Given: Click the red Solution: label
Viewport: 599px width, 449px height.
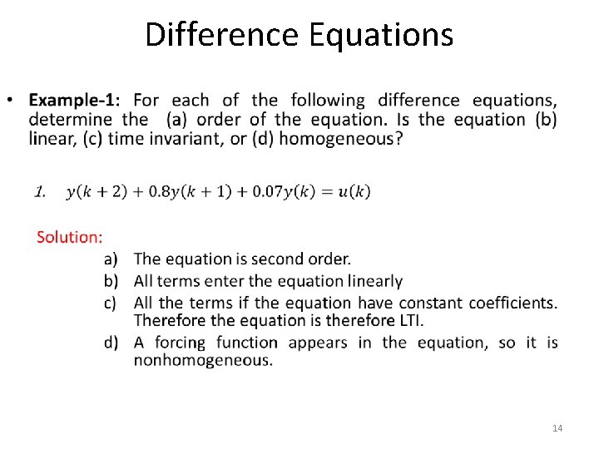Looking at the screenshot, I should click(70, 237).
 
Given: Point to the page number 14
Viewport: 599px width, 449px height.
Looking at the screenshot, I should click(557, 428).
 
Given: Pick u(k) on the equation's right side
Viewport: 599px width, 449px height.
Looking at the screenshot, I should click(355, 192).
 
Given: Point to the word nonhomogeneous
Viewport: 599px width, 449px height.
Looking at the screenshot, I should click(202, 361).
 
